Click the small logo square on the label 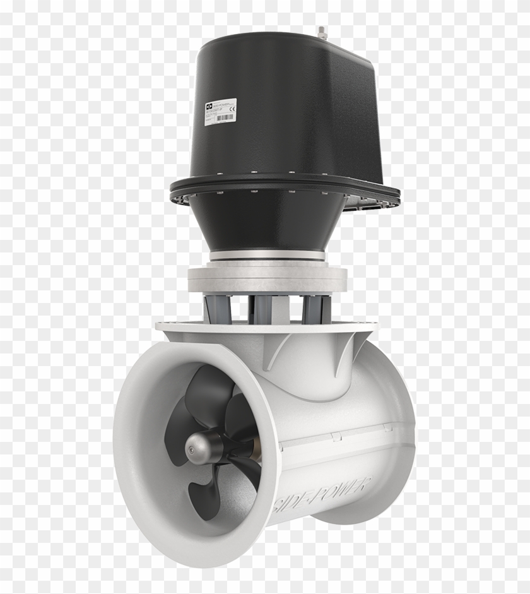(209, 107)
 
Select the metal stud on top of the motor (322, 31)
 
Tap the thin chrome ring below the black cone (267, 256)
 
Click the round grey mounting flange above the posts (267, 278)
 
